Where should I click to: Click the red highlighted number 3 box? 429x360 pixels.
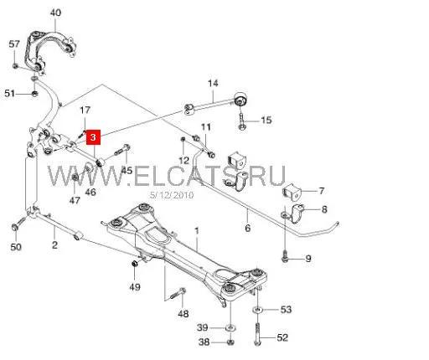[93, 137]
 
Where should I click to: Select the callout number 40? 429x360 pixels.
[55, 13]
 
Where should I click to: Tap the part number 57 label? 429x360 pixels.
[14, 44]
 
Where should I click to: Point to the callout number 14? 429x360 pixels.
[213, 83]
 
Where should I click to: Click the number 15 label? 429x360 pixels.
[266, 121]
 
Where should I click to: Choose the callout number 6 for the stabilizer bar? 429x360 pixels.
[248, 228]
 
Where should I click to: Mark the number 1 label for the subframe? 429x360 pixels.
[197, 231]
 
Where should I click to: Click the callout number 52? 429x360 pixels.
[282, 337]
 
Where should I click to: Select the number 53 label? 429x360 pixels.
[286, 309]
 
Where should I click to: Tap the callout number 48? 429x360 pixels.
[183, 314]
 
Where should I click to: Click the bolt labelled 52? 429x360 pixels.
[257, 334]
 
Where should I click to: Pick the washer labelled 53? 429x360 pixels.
[257, 310]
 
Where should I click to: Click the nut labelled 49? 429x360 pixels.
[135, 263]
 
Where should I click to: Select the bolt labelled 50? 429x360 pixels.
[18, 224]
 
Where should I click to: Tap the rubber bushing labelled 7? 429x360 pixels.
[292, 192]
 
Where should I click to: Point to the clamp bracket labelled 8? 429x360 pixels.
[297, 213]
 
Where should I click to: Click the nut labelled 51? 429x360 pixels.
[34, 93]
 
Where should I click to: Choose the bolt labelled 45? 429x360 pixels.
[122, 150]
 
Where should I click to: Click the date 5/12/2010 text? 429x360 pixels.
[172, 195]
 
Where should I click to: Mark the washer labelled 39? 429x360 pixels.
[230, 327]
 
